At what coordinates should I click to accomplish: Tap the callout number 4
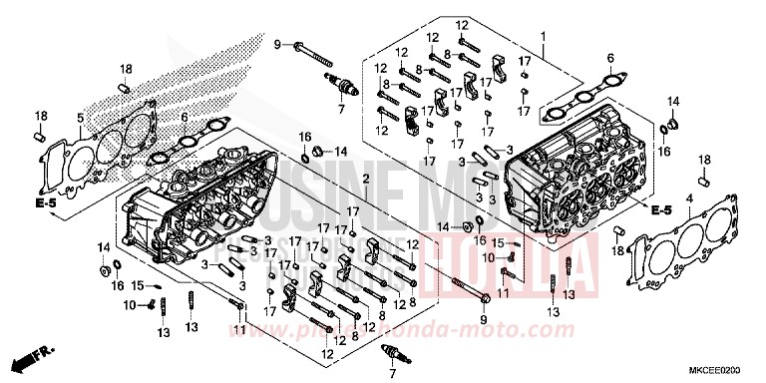point(687,199)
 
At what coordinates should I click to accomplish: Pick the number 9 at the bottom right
point(482,319)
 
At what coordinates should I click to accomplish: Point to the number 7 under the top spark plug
point(339,105)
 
